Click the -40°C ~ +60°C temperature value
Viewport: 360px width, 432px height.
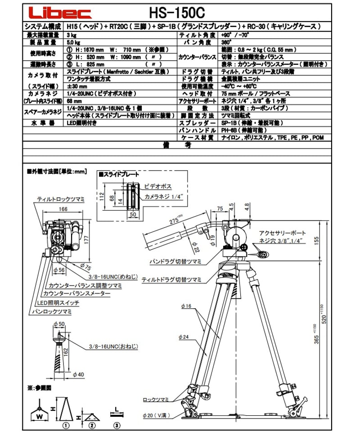point(238,86)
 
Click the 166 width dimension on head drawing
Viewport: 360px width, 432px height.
point(63,209)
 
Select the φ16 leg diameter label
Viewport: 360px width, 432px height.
point(184,306)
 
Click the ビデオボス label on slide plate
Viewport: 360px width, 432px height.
point(158,185)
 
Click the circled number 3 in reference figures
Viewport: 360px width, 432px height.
point(116,425)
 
